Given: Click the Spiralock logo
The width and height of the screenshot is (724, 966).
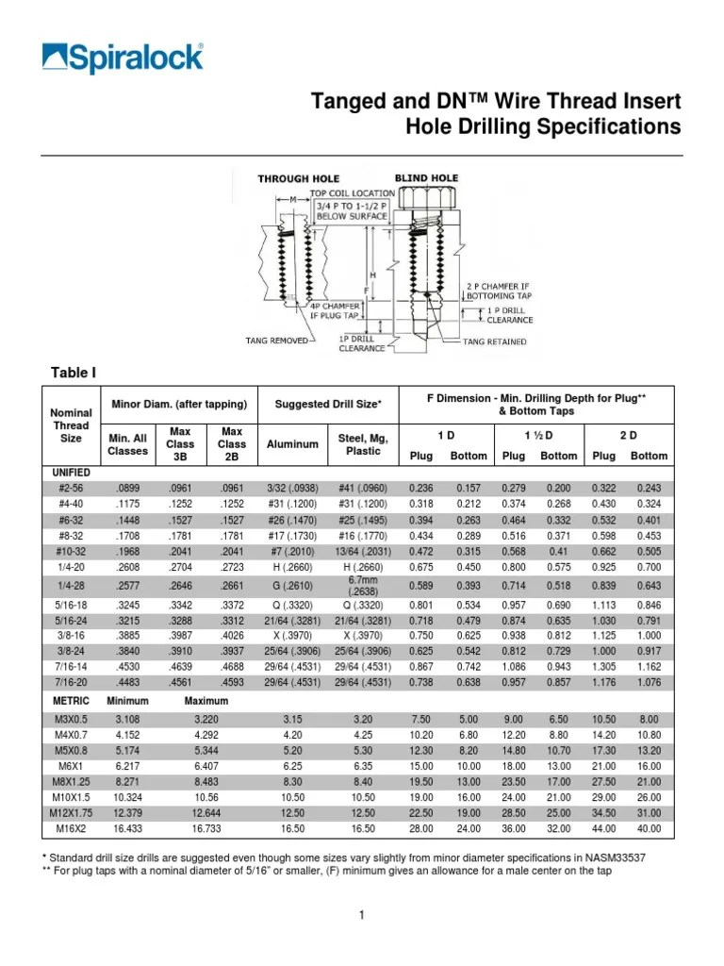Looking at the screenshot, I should click(123, 57).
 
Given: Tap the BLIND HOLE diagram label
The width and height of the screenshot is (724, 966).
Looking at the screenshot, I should click(425, 178).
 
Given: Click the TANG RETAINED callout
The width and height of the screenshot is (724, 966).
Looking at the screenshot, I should click(494, 341).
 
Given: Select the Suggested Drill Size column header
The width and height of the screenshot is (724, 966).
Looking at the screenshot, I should click(327, 405).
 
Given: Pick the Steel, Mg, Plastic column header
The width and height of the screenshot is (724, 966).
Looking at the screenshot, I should click(363, 444).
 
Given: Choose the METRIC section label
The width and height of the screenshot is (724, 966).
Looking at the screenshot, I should click(71, 702).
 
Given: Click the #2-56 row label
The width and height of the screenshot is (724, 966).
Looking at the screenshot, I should click(73, 489).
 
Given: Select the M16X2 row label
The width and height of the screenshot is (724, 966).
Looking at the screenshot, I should click(73, 829).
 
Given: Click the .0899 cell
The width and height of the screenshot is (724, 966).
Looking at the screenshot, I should click(128, 489).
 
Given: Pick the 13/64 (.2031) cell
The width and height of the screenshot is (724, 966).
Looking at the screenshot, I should click(363, 552).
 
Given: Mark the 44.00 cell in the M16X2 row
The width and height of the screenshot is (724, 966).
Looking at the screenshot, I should click(604, 829).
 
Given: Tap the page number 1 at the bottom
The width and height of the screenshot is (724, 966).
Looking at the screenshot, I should click(361, 915).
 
